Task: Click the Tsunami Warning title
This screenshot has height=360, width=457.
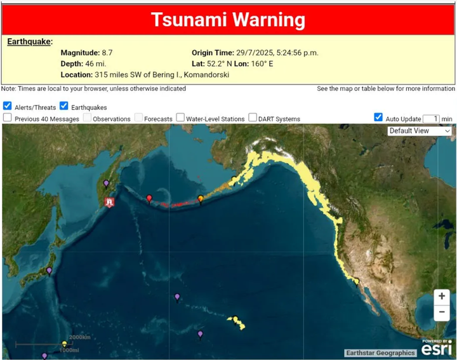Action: tap(228, 20)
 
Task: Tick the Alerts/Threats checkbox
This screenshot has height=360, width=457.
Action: tap(7, 107)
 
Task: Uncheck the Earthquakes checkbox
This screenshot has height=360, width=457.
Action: tap(64, 107)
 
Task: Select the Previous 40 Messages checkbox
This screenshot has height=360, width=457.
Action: tap(7, 118)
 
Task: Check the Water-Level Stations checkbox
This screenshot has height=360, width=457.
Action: tap(180, 118)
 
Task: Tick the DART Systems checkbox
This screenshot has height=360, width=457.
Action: tap(253, 118)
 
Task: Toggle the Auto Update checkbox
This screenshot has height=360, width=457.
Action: tap(378, 117)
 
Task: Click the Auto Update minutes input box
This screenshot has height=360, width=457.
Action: tap(431, 119)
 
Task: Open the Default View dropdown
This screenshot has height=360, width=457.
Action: tap(420, 131)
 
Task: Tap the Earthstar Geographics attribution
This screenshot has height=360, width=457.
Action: tap(380, 353)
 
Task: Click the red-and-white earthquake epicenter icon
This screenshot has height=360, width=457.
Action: tap(110, 203)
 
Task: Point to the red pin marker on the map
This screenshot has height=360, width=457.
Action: tap(149, 199)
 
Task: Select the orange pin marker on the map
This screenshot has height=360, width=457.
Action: tap(201, 199)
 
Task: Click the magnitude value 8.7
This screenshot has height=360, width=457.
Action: tap(107, 53)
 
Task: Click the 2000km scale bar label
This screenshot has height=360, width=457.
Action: tap(79, 337)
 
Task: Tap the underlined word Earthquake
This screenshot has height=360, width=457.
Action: tap(29, 42)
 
